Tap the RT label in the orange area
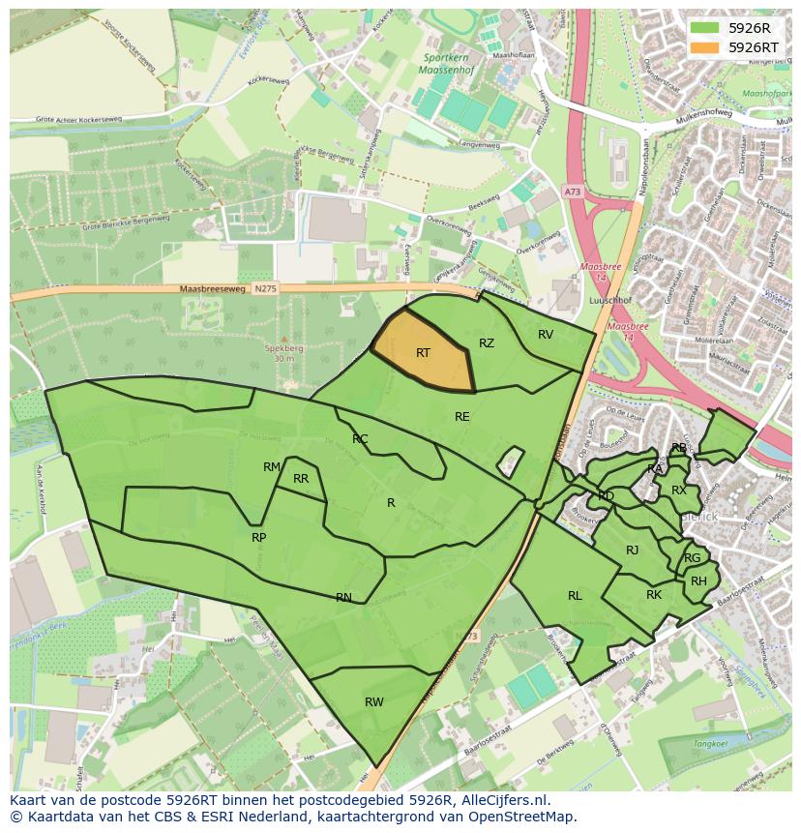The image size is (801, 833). click(423, 353)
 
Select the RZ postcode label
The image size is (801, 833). click(487, 343)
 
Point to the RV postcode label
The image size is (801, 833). click(546, 335)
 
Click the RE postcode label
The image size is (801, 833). click(462, 417)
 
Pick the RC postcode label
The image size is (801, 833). click(360, 439)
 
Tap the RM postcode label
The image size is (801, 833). click(272, 467)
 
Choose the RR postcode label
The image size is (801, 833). click(301, 479)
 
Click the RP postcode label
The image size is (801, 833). click(258, 538)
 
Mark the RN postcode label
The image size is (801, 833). click(343, 598)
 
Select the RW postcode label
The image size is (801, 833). click(374, 702)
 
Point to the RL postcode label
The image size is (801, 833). click(575, 596)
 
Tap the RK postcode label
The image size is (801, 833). click(654, 595)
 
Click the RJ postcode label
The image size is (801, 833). click(633, 550)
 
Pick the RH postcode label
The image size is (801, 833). click(698, 581)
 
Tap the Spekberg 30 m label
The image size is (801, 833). click(283, 353)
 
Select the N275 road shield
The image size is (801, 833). click(264, 289)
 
